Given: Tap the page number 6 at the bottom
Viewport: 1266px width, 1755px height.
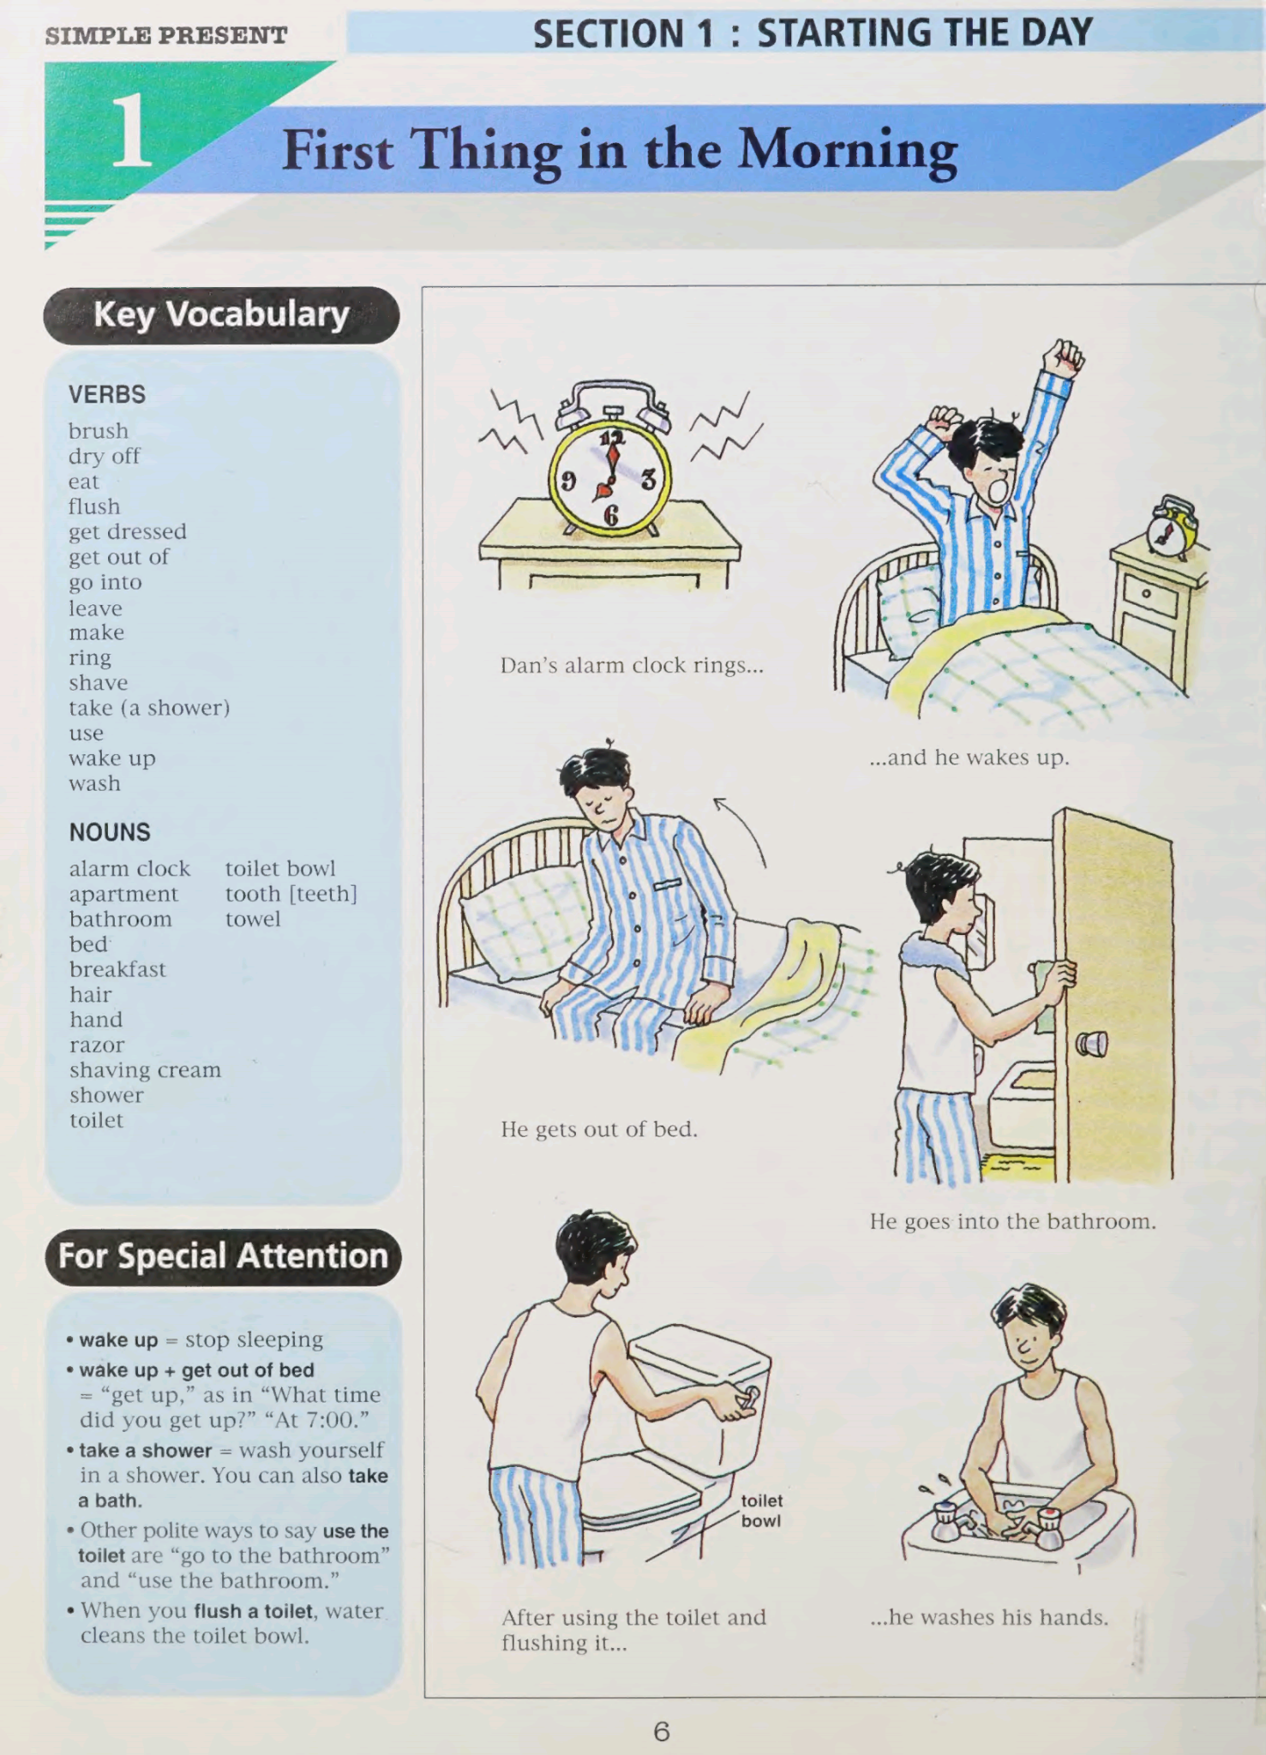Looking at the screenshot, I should (661, 1731).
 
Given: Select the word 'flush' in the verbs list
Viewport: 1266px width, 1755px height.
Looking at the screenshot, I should (94, 506).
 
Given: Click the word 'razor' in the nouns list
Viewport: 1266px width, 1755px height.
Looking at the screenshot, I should (97, 1045).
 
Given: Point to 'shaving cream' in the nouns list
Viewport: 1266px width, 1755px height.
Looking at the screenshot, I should (145, 1069).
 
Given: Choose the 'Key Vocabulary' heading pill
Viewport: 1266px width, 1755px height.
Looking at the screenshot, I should (221, 314).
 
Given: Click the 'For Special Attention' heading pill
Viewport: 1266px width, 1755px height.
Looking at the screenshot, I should (223, 1256).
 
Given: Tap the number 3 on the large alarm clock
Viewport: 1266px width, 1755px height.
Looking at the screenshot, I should (648, 480).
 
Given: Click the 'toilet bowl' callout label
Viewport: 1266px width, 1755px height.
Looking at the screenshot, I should (761, 1510).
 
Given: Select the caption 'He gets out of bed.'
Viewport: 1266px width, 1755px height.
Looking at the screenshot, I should (599, 1129).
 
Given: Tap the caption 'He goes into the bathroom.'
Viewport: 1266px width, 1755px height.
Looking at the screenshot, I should (1012, 1221).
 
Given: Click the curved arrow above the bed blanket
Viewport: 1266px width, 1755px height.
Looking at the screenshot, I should (743, 828).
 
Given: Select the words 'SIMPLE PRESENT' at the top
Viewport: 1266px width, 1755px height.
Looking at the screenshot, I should (166, 36).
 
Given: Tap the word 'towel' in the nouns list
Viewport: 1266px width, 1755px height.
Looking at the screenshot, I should (253, 919).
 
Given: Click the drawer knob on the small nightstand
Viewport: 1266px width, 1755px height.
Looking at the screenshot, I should (1145, 593).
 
